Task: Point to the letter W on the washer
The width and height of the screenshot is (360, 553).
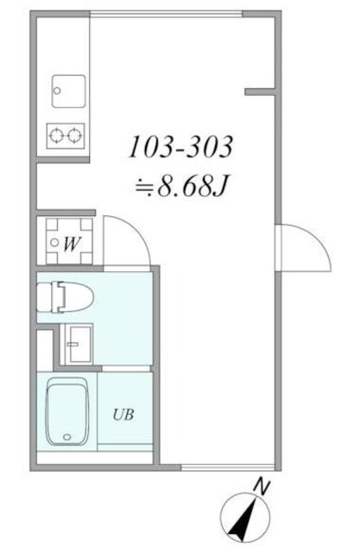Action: point(72,244)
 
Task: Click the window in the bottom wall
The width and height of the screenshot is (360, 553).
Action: point(224,469)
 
